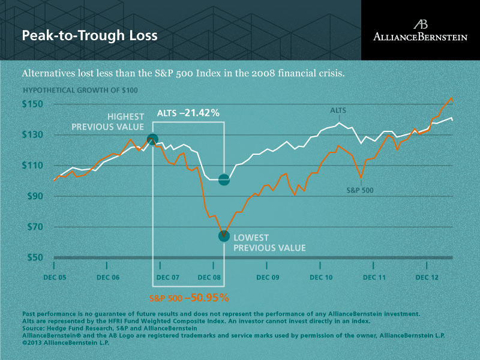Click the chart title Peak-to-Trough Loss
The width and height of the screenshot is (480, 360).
pos(89,35)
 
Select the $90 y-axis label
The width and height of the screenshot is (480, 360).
pos(35,196)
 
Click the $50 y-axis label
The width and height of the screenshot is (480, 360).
pos(35,257)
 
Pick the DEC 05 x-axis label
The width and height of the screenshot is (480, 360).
pos(55,278)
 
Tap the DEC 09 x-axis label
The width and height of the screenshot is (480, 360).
pos(268,278)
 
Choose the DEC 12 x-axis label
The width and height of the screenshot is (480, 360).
pos(427,278)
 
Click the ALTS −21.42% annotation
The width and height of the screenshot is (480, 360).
pos(188,113)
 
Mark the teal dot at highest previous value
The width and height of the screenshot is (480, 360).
pos(152,139)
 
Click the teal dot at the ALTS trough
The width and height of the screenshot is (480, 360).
pos(224,179)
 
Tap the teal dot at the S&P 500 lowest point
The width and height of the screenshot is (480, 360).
pos(223,236)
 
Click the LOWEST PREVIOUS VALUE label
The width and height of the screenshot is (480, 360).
pos(269,242)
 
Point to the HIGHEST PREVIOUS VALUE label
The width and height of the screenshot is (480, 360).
pos(107,121)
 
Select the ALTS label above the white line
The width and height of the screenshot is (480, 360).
pos(338,110)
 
